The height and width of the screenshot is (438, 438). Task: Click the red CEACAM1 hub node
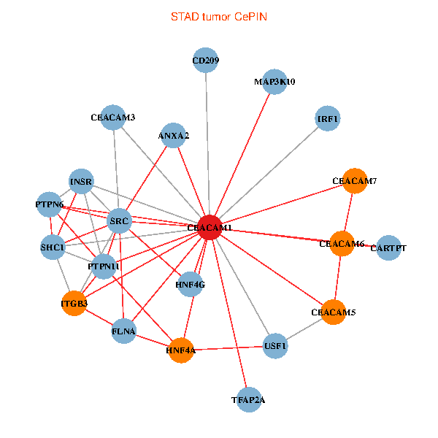point(210,228)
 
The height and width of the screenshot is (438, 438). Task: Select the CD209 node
point(206,61)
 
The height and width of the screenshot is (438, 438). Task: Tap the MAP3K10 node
point(274,82)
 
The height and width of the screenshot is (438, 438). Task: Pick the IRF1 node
point(328,118)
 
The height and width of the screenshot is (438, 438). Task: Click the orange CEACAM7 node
point(354,180)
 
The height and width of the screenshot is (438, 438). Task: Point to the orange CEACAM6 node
point(342,243)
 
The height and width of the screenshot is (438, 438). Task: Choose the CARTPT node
point(388,248)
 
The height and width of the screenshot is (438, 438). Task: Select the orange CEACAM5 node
point(333,312)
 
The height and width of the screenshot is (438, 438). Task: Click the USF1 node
point(275,345)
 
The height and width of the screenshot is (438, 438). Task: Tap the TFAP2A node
point(248,399)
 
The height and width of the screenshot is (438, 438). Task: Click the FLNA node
point(124,331)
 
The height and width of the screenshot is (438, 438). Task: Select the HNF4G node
point(190,284)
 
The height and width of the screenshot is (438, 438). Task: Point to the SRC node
point(119,220)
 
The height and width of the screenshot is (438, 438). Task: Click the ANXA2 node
point(173,136)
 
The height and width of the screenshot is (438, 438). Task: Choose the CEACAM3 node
point(113,117)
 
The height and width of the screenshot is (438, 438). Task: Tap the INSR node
point(81,181)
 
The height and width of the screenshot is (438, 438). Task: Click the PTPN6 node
point(50,204)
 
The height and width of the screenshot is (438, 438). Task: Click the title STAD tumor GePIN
point(219,15)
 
